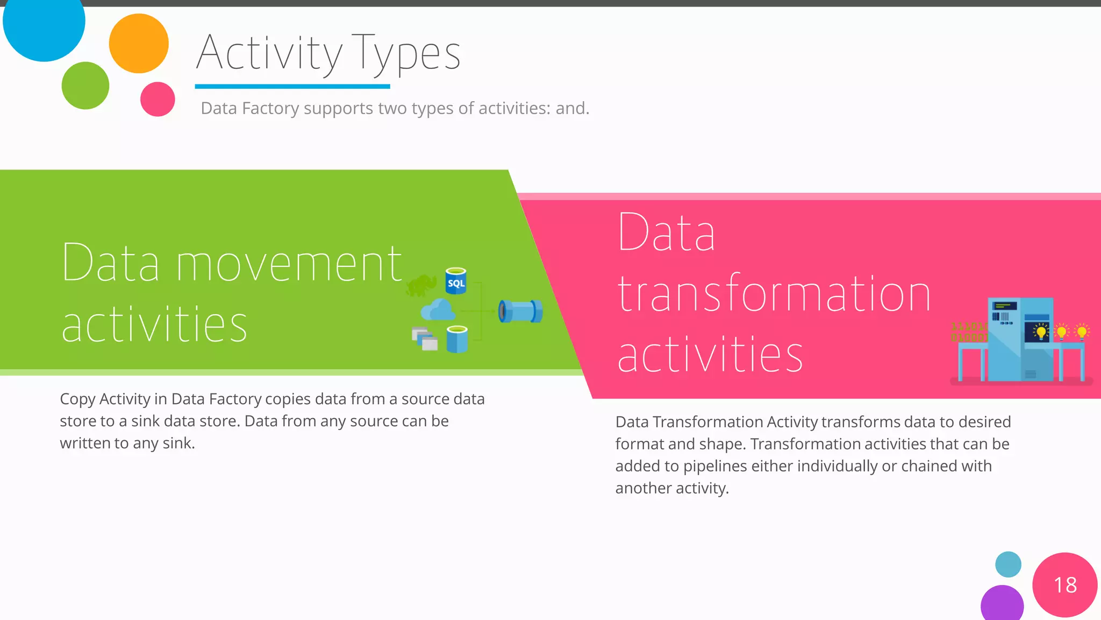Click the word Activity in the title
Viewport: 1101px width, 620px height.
click(x=269, y=53)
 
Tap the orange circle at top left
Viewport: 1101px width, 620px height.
click(x=139, y=44)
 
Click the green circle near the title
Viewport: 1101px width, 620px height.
click(x=85, y=86)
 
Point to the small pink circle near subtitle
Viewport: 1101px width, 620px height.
click(x=158, y=99)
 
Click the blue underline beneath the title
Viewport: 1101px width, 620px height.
click(x=292, y=86)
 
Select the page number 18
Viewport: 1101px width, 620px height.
click(x=1065, y=585)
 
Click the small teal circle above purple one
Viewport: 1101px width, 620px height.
click(x=1008, y=564)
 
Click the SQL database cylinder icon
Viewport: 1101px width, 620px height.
click(x=456, y=281)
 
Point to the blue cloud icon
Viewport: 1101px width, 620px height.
click(x=438, y=311)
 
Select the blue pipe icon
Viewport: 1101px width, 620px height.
click(x=520, y=311)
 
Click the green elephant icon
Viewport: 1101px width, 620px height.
click(x=421, y=285)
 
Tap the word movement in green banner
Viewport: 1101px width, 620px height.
click(x=289, y=264)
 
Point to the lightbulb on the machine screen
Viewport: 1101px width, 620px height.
click(x=1041, y=332)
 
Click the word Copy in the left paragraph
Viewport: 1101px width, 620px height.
click(x=77, y=399)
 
